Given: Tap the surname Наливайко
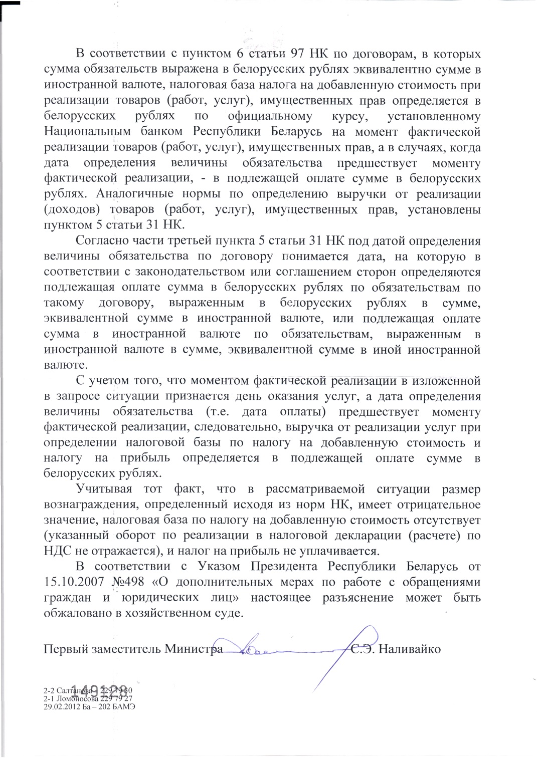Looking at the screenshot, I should (409, 649).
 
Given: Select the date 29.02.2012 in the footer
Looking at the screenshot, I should (62, 706).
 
